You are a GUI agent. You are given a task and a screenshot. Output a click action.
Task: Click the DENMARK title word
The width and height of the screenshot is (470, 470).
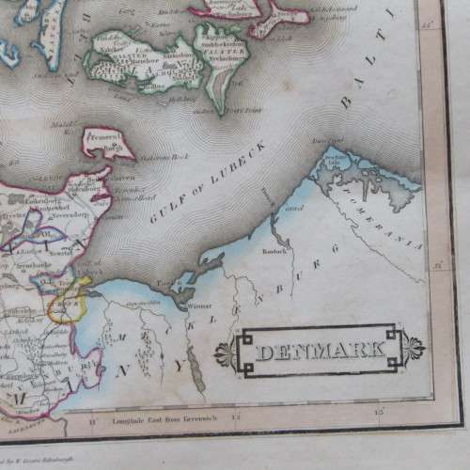tap(319, 352)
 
